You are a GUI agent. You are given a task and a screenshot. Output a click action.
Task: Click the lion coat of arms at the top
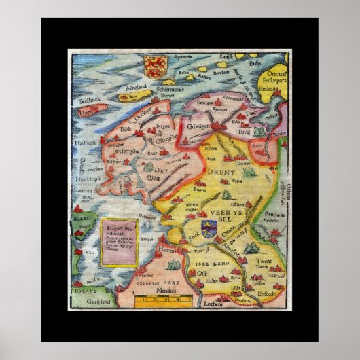tap(155, 65)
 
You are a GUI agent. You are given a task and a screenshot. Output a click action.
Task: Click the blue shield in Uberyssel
tap(207, 221)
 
